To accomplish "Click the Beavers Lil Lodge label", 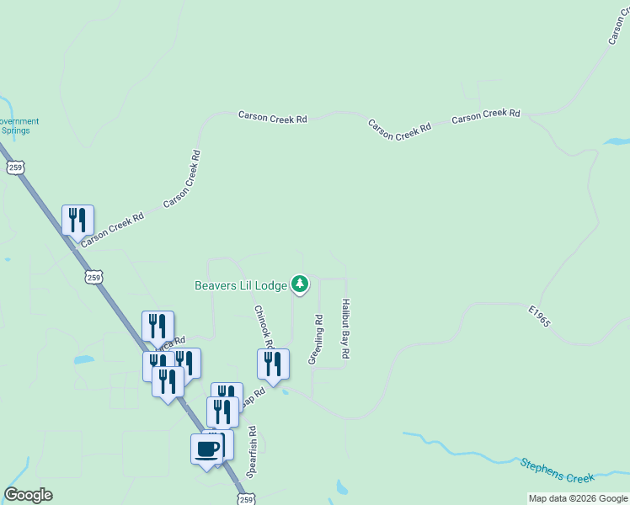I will pos(241,285).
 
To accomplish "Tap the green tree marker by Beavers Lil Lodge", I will pos(300,285).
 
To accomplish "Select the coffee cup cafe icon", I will pos(207,449).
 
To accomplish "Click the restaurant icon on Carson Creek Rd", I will pos(77,221).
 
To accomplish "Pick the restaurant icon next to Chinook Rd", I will pos(273,364).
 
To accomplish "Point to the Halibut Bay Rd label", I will pos(345,329).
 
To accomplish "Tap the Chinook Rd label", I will pos(264,327).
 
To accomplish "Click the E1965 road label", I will pos(539,322).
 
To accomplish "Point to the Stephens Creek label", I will pos(557,470).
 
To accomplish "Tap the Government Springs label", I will pos(19,126).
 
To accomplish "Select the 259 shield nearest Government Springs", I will pos(15,167).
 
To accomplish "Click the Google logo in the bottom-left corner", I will pos(28,495).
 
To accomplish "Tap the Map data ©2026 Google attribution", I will pos(578,498).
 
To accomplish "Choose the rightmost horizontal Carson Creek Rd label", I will pos(486,115).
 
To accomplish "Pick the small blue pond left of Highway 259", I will pos(83,360).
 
